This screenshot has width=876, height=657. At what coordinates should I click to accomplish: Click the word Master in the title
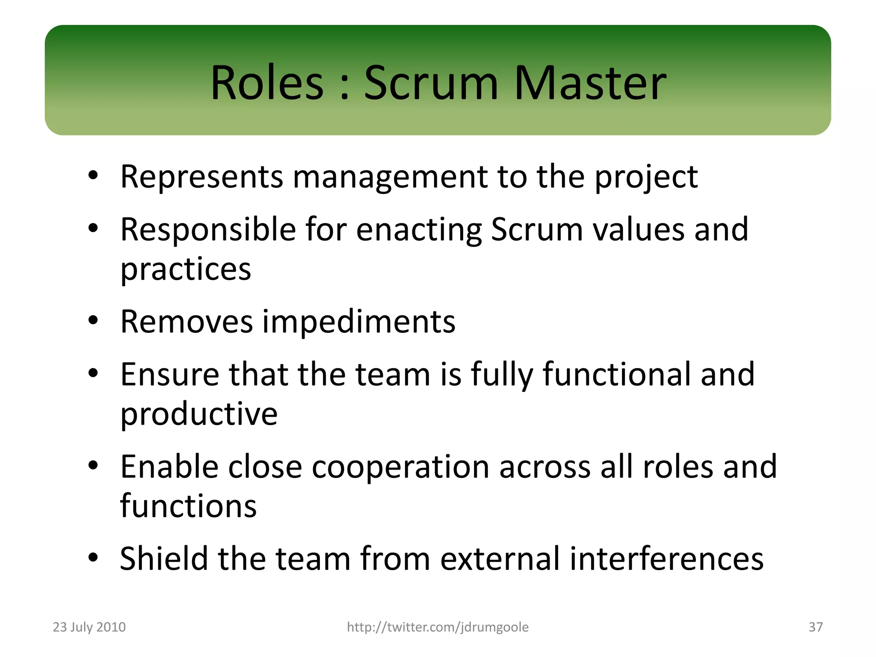point(590,83)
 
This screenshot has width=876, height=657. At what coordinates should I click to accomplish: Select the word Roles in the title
point(267,83)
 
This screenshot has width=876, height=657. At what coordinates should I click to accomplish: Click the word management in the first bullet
point(390,177)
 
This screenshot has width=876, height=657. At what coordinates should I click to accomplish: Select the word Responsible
point(208,230)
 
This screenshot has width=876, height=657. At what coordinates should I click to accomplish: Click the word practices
point(186,270)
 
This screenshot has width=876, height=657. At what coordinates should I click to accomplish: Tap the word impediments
point(358,322)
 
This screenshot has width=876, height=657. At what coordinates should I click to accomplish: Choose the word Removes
point(186,322)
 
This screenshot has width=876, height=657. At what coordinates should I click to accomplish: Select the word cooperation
point(400,467)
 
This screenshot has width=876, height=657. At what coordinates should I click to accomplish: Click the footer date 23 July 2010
point(89,627)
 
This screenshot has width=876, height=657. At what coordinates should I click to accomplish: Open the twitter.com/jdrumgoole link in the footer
point(438,627)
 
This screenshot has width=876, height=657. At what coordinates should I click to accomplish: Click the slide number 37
point(815,627)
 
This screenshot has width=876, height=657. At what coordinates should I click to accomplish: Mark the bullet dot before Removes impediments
point(93,320)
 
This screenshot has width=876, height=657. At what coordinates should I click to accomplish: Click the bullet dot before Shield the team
point(93,557)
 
